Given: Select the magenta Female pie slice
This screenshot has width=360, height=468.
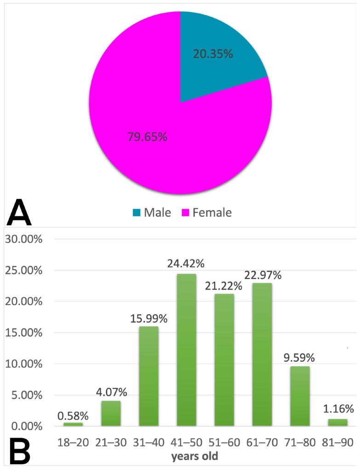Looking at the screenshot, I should pos(152,138).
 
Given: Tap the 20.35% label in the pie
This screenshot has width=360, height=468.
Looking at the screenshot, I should pos(213,54).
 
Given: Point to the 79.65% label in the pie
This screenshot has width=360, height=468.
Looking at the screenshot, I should pos(147,137).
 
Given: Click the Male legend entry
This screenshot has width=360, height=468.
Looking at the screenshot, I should pos(152,213).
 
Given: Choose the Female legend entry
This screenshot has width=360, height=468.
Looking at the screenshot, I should pos(206,213).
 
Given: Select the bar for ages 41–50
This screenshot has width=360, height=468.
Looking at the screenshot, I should pos(186,350).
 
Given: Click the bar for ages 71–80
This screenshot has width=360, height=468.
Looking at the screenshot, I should pos(300,396).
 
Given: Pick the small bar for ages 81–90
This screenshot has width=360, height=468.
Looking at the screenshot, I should pos(337,422).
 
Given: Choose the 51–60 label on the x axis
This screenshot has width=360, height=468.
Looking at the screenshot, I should pos(224,442).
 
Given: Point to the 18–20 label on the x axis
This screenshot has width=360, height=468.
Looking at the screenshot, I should pos(73,442).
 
